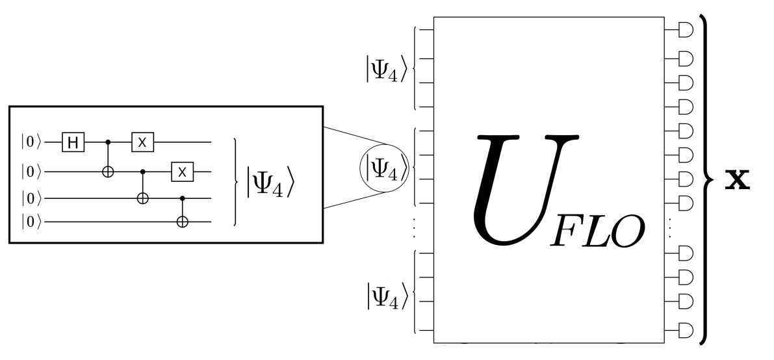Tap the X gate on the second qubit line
[182, 172]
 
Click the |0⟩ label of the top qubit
[31, 140]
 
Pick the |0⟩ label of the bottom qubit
[31, 222]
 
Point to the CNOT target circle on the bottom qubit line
[182, 222]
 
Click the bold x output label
[738, 179]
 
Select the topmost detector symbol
[685, 30]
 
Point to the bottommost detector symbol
[685, 329]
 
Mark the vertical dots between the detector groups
[673, 228]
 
